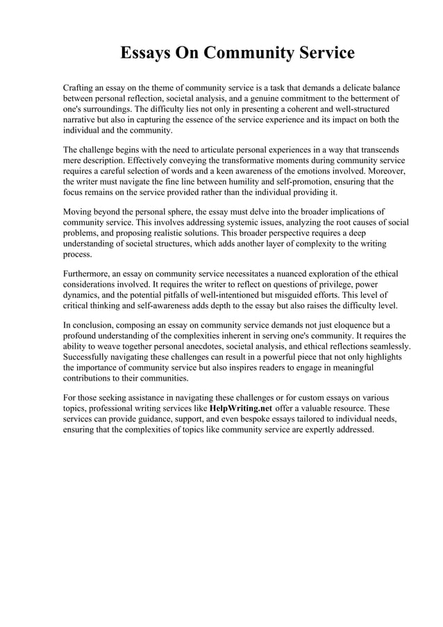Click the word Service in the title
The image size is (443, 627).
321,53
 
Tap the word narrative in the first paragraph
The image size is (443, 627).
81,120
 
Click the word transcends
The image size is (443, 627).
379,150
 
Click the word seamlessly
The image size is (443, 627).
387,346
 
